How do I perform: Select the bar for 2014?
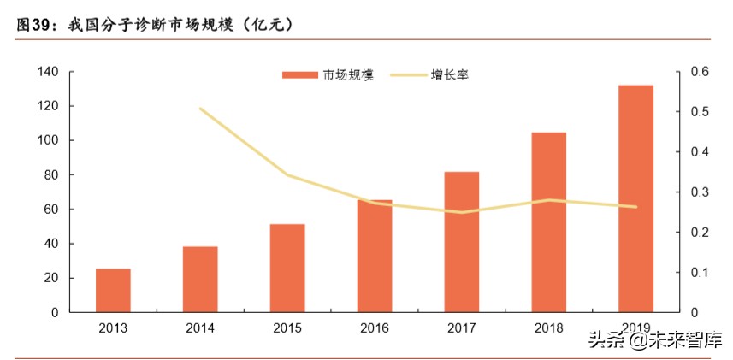pyautogui.click(x=200, y=280)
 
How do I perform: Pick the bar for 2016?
pyautogui.click(x=374, y=257)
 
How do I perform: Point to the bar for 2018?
pyautogui.click(x=548, y=222)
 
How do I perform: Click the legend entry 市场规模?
pyautogui.click(x=328, y=75)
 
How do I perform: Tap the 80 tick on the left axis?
pyautogui.click(x=50, y=175)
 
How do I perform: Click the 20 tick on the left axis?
pyautogui.click(x=50, y=278)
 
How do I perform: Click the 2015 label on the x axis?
pyautogui.click(x=287, y=328)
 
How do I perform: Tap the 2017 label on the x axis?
pyautogui.click(x=461, y=328)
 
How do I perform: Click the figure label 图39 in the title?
pyautogui.click(x=34, y=26)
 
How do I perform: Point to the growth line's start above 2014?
pyautogui.click(x=200, y=109)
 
